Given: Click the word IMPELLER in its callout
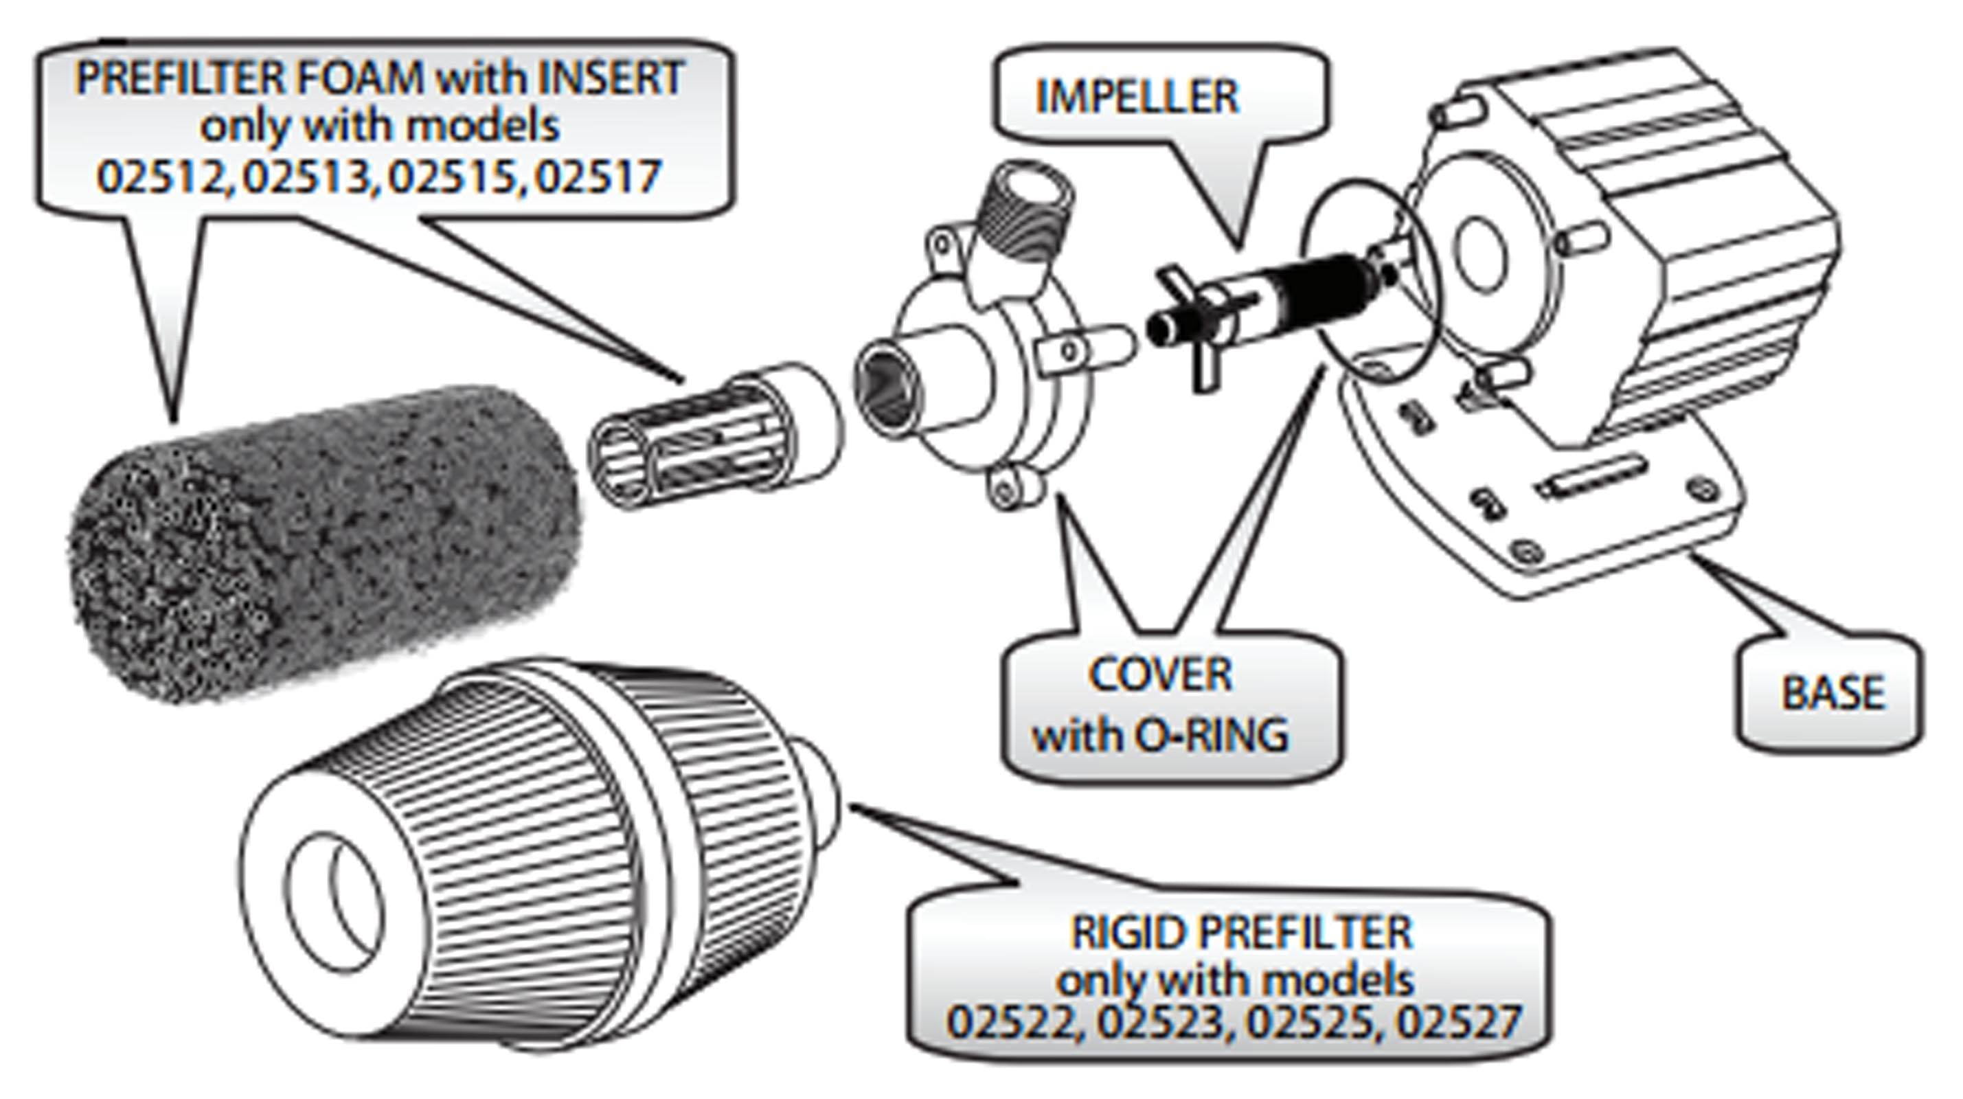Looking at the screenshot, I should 1137,97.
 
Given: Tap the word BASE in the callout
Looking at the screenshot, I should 1832,693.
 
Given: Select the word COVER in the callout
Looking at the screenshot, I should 1160,675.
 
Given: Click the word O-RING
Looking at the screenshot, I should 1212,736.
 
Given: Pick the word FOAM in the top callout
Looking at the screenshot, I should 360,78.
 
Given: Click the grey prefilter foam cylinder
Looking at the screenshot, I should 320,541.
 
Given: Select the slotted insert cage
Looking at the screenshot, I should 686,442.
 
